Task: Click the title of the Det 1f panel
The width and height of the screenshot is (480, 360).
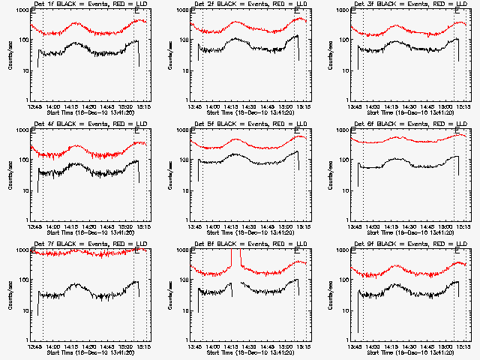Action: pyautogui.click(x=87, y=5)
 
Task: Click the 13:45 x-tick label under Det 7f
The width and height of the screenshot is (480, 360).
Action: pyautogui.click(x=34, y=347)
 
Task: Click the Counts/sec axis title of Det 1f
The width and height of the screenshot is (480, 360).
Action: pyautogui.click(x=10, y=56)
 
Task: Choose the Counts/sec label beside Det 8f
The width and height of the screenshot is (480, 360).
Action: pyautogui.click(x=170, y=296)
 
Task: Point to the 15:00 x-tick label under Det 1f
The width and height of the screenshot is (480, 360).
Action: pyautogui.click(x=132, y=107)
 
